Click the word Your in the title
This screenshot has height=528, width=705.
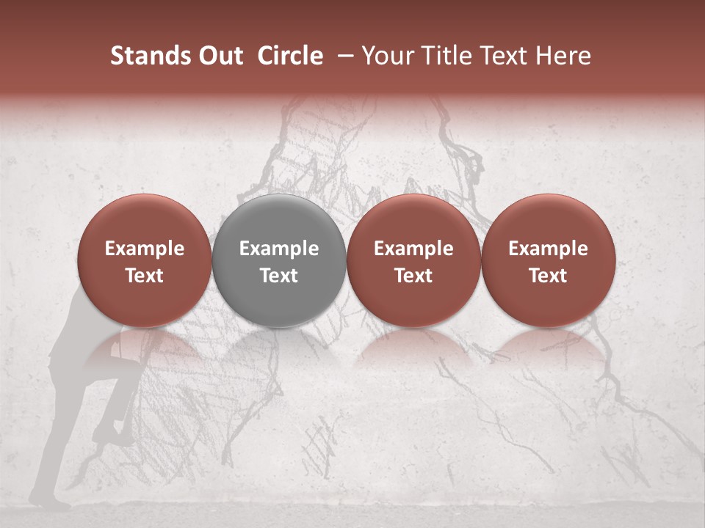coord(387,56)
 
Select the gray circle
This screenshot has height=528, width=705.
coord(279,260)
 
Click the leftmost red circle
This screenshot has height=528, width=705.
coord(145,260)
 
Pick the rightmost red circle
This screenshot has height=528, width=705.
coord(548,260)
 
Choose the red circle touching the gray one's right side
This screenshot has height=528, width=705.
coord(413,260)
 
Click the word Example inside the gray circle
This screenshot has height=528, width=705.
coord(279,249)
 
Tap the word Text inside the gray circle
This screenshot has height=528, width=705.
coord(279,276)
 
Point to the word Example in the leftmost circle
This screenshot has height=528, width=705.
coord(145,249)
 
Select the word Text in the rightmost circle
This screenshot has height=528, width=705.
coord(548,276)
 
